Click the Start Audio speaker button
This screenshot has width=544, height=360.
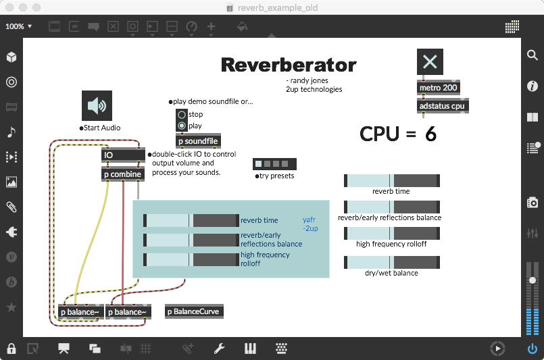(x=97, y=105)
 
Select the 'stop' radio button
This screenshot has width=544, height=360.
(x=181, y=115)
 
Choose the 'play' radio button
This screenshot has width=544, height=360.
(x=181, y=126)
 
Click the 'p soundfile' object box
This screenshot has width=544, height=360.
(x=198, y=141)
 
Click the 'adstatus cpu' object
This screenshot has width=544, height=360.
(x=443, y=106)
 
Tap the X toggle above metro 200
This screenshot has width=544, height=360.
(x=430, y=62)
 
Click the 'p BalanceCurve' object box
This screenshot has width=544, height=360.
(x=194, y=311)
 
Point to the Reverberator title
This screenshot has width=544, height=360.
(x=289, y=65)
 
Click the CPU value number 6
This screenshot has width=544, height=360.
(x=430, y=134)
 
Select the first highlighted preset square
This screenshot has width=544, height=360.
(x=258, y=163)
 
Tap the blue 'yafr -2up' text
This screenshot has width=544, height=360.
(x=310, y=224)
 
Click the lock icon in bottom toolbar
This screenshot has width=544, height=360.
(x=11, y=349)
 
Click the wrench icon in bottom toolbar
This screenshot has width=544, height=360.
(x=219, y=349)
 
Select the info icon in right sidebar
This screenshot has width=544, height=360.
(x=533, y=86)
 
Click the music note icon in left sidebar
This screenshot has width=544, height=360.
(x=11, y=132)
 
